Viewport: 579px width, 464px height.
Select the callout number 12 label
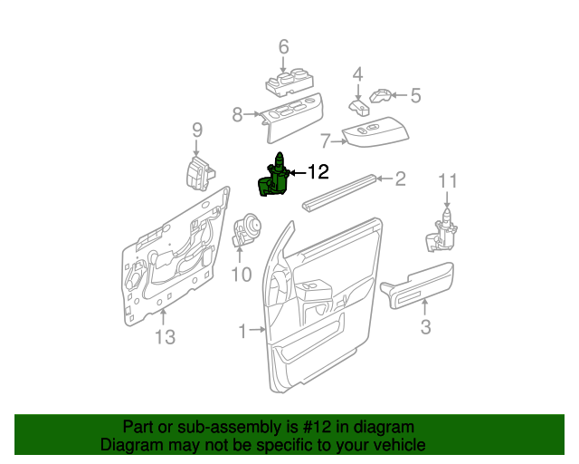pos(318,171)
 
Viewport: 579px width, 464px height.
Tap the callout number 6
pos(283,47)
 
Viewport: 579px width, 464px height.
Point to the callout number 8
pos(237,115)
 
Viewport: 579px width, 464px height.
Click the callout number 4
pos(357,74)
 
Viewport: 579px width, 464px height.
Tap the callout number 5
pos(415,94)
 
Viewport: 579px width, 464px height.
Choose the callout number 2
pos(399,179)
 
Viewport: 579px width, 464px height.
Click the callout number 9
pos(196,132)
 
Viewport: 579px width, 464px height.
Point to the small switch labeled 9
pos(199,172)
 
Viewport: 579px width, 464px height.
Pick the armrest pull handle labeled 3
pos(418,285)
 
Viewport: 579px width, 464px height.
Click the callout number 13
pos(164,338)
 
